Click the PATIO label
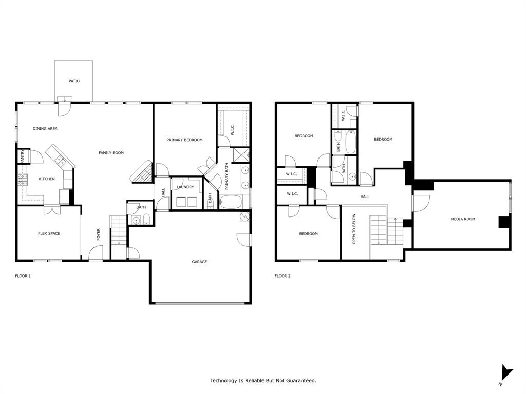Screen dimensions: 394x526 point(74,81)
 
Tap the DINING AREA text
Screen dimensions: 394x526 point(45,129)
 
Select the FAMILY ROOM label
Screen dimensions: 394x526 point(111,153)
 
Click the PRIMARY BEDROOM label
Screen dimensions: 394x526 point(184,140)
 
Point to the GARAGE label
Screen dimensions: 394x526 point(199,262)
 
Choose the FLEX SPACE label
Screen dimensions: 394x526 point(49,234)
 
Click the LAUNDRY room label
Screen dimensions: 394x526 point(185,187)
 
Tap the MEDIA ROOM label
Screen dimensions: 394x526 point(462,219)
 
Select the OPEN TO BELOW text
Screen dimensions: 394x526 point(354,229)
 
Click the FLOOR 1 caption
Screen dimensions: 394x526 point(23,276)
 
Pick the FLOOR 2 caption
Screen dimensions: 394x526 point(283,276)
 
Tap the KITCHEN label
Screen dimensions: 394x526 point(47,179)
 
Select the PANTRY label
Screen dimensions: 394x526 point(22,156)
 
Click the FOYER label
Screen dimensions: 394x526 point(98,234)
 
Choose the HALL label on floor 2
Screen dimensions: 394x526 point(365,196)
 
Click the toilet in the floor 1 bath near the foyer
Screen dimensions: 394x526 point(146,221)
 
